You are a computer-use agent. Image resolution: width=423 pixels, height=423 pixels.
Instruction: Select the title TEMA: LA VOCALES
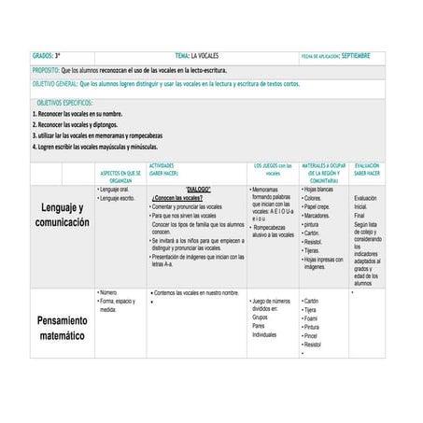point(203,57)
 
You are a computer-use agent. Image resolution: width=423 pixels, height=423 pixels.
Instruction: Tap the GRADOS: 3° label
point(47,57)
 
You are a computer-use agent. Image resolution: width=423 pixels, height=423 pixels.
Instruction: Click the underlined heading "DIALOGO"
point(199,190)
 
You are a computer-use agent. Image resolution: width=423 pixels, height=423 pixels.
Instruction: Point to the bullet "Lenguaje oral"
point(118,190)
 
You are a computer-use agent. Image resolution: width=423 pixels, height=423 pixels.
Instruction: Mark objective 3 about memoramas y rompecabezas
point(92,135)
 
